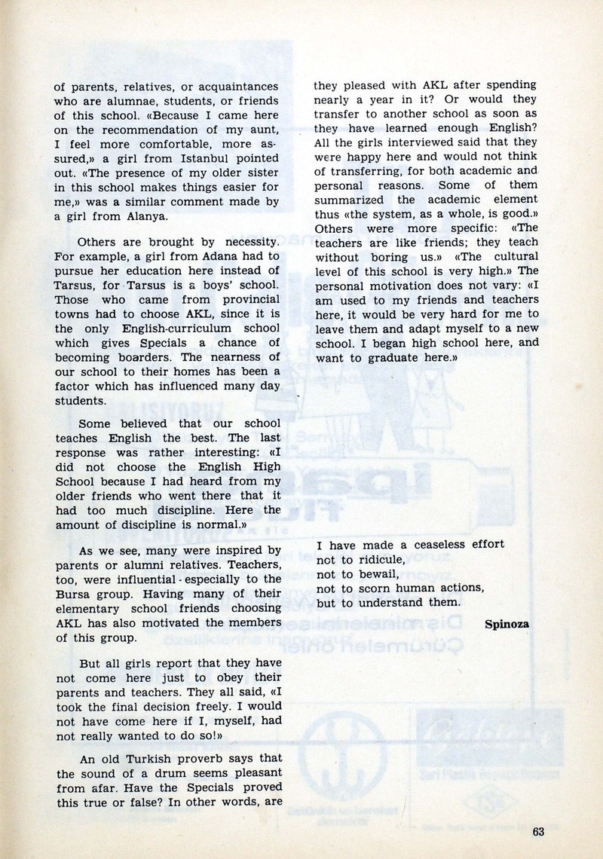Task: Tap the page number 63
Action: [537, 832]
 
